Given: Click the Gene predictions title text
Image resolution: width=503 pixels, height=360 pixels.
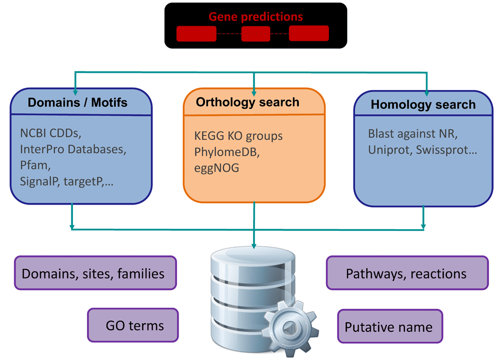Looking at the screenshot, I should (256, 17).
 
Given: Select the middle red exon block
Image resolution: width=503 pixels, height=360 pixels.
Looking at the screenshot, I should (256, 34).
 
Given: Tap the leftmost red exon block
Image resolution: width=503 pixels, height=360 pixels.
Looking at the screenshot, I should (196, 34).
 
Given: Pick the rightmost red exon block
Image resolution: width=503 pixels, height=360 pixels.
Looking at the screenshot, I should (308, 34).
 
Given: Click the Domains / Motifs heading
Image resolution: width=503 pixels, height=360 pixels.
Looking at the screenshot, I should (77, 103).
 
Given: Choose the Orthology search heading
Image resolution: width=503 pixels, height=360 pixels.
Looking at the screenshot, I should (247, 103).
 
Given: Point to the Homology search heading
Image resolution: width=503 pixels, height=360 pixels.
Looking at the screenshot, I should (423, 105).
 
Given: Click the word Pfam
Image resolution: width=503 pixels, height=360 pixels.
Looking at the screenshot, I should (32, 165).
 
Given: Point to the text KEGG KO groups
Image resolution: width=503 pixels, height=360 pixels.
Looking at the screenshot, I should (238, 136).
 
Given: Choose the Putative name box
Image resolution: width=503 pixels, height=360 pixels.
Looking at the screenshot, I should (390, 327).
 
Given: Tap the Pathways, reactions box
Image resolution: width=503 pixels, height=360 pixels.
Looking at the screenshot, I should (407, 274).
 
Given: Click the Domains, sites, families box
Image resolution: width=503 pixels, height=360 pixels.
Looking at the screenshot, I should (95, 274).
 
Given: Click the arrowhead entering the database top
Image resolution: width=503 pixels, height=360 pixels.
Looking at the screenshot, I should (254, 245).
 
